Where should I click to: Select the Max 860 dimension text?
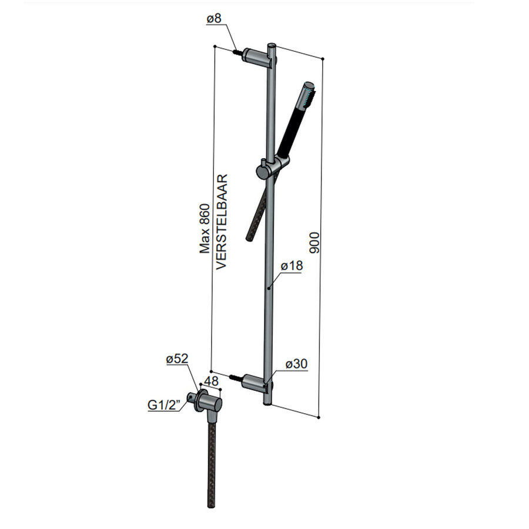pyautogui.click(x=205, y=228)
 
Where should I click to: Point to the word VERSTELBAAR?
pyautogui.click(x=222, y=221)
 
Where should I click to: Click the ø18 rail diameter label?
pyautogui.click(x=291, y=266)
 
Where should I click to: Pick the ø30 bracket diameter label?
pyautogui.click(x=297, y=364)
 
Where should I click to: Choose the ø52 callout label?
pyautogui.click(x=176, y=359)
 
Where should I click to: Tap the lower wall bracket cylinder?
pyautogui.click(x=256, y=382)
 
